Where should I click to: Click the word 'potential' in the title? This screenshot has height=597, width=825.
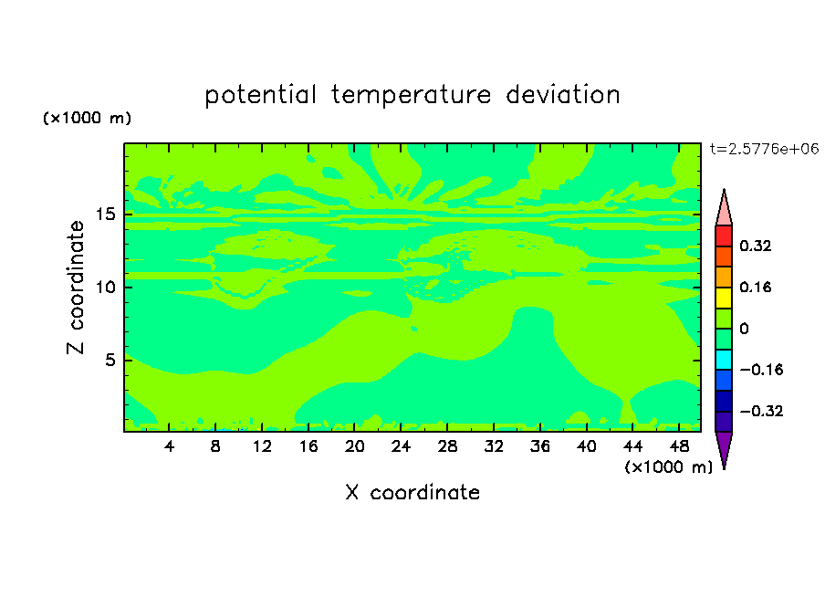tap(260, 96)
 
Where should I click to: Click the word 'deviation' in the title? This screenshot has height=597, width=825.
tap(563, 94)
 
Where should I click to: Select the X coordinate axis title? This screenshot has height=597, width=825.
tap(412, 492)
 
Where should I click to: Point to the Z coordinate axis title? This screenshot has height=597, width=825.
tap(76, 287)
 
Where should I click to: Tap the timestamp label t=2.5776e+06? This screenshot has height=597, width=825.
tap(765, 149)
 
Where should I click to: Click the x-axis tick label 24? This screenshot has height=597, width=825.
tap(401, 446)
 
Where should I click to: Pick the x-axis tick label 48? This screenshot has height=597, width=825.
tap(679, 446)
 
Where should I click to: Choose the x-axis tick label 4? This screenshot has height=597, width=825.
tap(169, 446)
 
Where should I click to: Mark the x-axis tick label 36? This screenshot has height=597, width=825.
tap(540, 446)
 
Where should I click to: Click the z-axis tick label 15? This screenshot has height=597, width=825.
tap(105, 215)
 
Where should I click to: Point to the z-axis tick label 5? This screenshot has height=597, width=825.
tap(110, 360)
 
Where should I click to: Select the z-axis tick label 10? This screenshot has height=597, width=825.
tap(105, 287)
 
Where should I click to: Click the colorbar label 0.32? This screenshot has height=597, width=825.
tap(755, 246)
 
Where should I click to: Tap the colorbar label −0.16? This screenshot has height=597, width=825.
tap(761, 370)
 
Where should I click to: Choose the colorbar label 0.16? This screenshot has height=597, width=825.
tap(755, 287)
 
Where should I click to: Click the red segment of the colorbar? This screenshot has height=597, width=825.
tap(724, 236)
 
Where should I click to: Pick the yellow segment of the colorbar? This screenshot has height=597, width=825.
tap(724, 298)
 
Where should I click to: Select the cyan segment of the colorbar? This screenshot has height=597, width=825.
tap(724, 360)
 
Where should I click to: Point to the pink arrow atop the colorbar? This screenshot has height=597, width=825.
tap(724, 208)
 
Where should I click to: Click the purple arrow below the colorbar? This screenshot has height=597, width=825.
tap(724, 449)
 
